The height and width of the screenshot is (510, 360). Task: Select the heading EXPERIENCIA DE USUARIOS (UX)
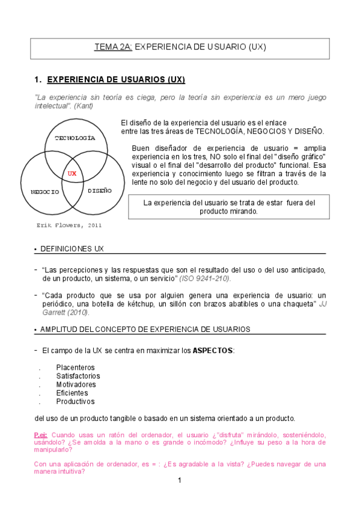[115, 79]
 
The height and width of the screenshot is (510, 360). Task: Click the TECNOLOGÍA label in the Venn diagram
[75, 138]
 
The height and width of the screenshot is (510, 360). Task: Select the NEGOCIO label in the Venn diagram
[45, 192]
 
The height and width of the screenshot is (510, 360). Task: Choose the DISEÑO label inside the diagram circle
[100, 191]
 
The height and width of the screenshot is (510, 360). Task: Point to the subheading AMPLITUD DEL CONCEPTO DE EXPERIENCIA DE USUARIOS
[145, 329]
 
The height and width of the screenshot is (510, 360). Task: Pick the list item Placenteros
[75, 367]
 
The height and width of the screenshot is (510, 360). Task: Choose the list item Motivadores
[76, 384]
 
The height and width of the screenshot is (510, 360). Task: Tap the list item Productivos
[75, 401]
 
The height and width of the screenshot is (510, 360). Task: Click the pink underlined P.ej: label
[41, 434]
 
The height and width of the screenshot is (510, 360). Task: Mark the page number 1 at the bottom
[179, 481]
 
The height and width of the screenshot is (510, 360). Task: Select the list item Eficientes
[72, 393]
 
